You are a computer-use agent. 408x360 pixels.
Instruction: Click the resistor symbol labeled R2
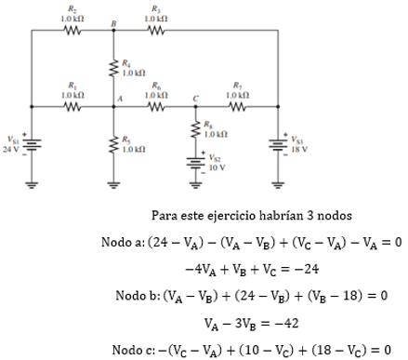[73, 30]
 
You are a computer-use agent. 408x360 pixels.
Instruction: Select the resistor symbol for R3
[153, 30]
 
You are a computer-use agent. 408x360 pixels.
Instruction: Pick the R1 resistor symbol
[73, 106]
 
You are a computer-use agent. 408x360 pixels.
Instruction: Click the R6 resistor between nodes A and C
[155, 106]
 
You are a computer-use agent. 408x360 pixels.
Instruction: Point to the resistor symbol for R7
[236, 106]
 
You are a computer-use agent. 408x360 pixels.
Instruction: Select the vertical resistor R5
[113, 144]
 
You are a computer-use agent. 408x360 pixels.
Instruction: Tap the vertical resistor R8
[195, 129]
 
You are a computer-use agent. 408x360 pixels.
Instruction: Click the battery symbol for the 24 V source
[32, 144]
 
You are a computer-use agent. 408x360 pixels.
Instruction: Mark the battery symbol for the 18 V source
[278, 144]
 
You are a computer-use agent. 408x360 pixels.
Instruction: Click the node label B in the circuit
[113, 22]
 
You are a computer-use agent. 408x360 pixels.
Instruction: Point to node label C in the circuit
[195, 98]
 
